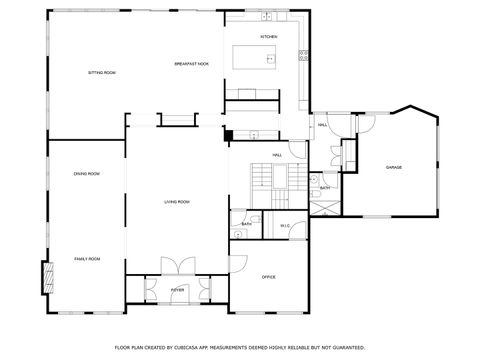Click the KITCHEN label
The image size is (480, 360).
pyautogui.click(x=268, y=37)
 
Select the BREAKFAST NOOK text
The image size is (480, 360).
pyautogui.click(x=190, y=64)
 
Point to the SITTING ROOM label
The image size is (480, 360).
pyautogui.click(x=102, y=73)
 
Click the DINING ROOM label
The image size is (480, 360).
pyautogui.click(x=86, y=174)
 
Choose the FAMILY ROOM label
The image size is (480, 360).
pyautogui.click(x=87, y=259)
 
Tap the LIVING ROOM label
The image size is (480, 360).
pyautogui.click(x=177, y=202)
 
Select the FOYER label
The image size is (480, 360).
pyautogui.click(x=177, y=289)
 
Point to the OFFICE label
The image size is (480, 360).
pyautogui.click(x=268, y=276)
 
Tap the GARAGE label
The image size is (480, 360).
pyautogui.click(x=394, y=167)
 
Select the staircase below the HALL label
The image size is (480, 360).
pyautogui.click(x=260, y=177)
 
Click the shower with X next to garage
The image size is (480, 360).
pyautogui.click(x=324, y=202)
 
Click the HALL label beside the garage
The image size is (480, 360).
pyautogui.click(x=322, y=125)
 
